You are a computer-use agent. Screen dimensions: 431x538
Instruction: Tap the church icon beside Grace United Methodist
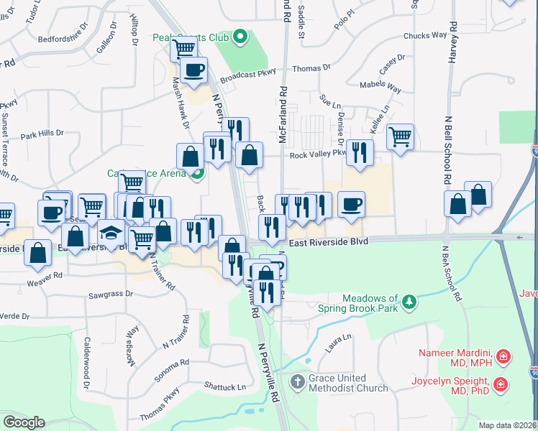click(298, 382)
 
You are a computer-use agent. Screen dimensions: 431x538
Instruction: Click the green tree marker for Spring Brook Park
click(409, 300)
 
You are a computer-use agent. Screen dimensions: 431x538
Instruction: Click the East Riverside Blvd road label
click(329, 243)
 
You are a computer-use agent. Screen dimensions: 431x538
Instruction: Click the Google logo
click(24, 422)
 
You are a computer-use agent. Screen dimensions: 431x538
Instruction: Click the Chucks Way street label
click(425, 35)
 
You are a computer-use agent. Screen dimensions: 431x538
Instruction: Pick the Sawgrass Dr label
click(111, 295)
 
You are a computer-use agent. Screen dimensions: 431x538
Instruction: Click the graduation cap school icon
click(111, 233)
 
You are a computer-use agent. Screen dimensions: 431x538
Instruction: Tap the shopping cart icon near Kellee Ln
click(400, 134)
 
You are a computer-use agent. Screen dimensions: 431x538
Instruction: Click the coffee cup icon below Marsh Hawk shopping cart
click(193, 70)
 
